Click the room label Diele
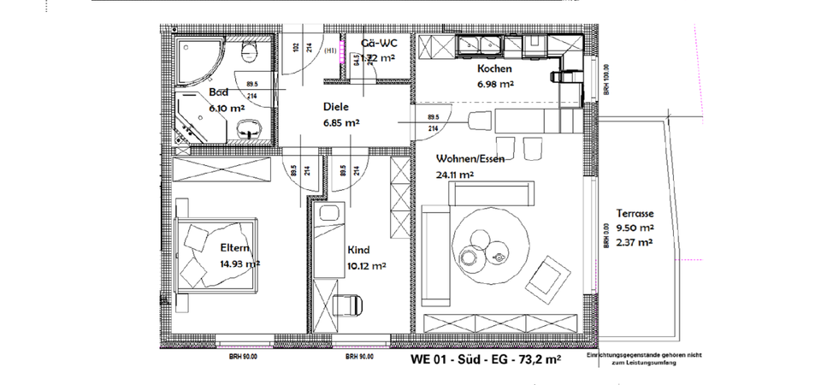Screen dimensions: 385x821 pos(336,108)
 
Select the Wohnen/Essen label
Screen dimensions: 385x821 pos(468,159)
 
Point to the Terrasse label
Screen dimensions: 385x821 pos(635,213)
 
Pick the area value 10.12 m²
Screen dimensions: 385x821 pos(366,266)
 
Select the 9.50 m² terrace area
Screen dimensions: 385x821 pos(635,228)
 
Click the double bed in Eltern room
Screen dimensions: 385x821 pos(217,254)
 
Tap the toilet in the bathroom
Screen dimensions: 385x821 pos(250,54)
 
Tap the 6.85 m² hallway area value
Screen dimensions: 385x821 pos(340,124)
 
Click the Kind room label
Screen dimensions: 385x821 pos(357,251)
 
